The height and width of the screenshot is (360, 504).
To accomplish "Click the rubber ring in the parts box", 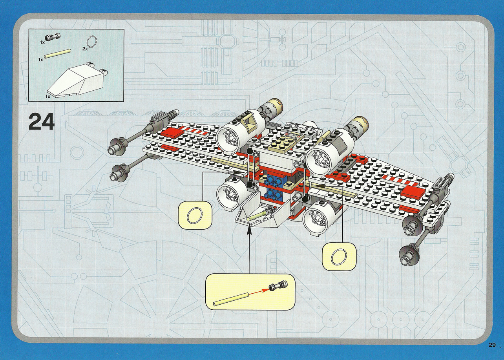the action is pos(92,43).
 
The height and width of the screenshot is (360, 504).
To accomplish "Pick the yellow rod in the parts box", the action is pos(58,53).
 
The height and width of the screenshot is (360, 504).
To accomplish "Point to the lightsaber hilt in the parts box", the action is pos(53,36).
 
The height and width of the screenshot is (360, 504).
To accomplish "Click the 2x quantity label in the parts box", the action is pos(85,49).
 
